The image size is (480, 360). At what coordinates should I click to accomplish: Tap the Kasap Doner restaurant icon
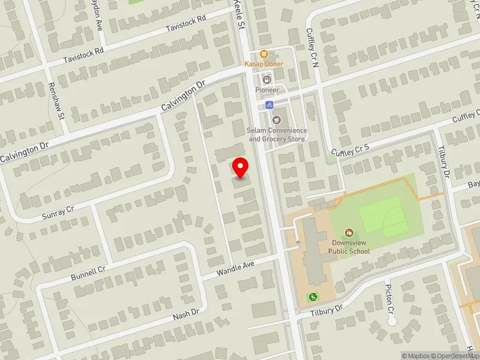click(x=263, y=54)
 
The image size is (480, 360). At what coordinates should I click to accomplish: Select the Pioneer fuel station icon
click(x=266, y=79)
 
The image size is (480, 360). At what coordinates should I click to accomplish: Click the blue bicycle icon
click(x=269, y=105)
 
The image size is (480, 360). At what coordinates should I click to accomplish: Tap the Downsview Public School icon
click(x=349, y=232)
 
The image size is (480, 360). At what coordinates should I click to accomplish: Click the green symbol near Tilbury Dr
click(x=313, y=296)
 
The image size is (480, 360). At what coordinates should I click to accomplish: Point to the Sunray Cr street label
click(x=58, y=210)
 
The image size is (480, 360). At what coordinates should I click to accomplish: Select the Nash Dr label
click(x=186, y=314)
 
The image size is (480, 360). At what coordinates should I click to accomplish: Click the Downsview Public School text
click(x=349, y=247)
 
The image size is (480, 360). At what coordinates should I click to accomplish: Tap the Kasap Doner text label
click(x=263, y=64)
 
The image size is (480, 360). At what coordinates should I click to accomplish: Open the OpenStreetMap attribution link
click(x=457, y=356)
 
